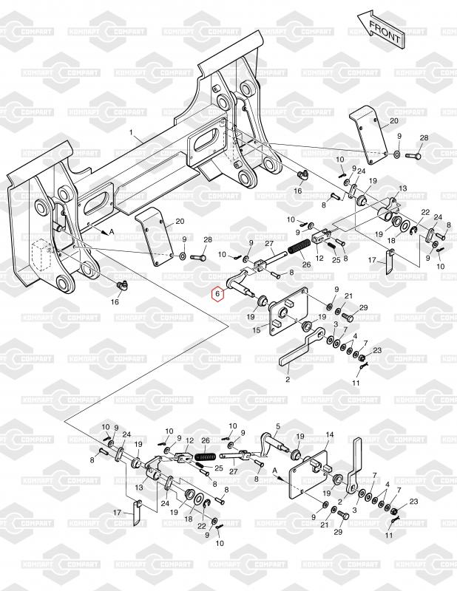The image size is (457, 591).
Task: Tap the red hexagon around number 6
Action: [x=217, y=295]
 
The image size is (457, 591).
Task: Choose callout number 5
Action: [x=278, y=426]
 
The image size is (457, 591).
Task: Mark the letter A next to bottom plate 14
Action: [x=274, y=470]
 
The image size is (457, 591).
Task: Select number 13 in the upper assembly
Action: [x=403, y=189]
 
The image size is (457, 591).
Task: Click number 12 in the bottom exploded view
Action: [x=189, y=440]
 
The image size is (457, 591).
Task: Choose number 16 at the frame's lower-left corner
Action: [x=115, y=302]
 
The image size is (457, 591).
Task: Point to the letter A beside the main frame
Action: [x=111, y=231]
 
